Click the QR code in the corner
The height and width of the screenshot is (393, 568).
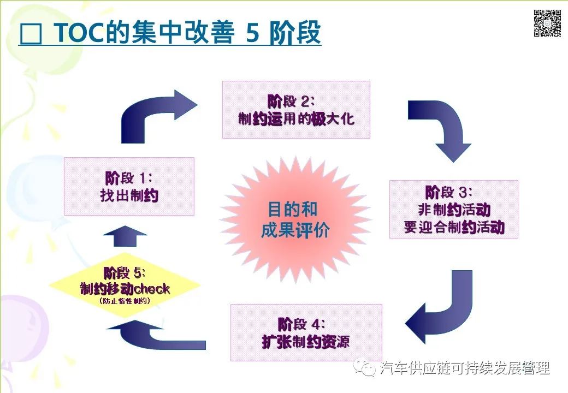pos(547,23)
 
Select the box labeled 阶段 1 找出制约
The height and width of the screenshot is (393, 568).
pos(129,186)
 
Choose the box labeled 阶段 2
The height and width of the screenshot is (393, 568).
pos(296,109)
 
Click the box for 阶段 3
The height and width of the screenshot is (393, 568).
pos(453,209)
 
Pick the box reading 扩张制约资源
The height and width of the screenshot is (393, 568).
pos(306,332)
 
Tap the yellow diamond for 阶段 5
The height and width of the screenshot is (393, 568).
pos(125,284)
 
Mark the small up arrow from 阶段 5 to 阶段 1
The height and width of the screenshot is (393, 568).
pos(125,236)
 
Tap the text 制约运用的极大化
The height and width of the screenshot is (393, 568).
pos(296,118)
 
